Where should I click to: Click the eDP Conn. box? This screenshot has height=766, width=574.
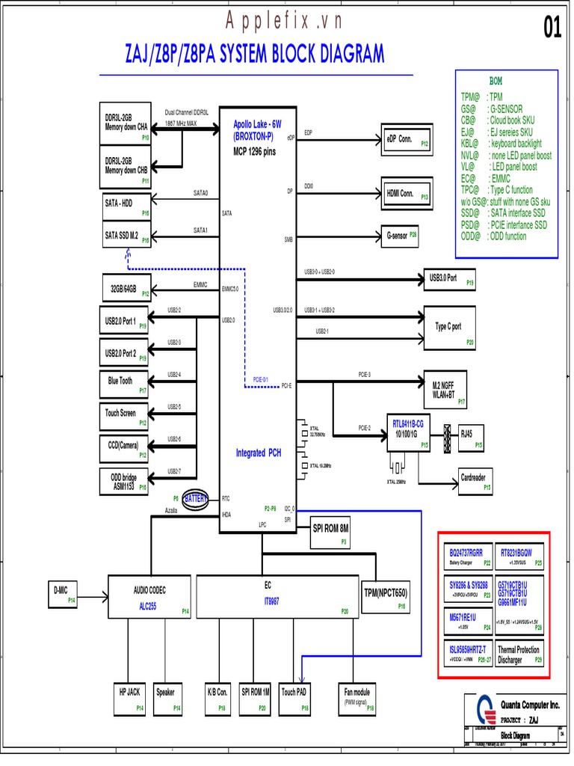(x=407, y=139)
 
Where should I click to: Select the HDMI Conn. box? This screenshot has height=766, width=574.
(x=407, y=193)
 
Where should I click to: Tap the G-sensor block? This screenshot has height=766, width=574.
(x=401, y=235)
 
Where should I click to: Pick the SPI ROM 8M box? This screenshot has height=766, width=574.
(x=330, y=530)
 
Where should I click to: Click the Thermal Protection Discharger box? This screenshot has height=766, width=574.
(x=519, y=655)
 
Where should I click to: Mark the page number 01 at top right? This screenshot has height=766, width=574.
(x=552, y=28)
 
